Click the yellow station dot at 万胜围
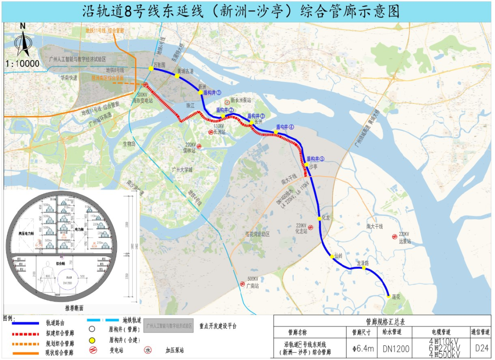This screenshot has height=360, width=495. pyautogui.click(x=151, y=69)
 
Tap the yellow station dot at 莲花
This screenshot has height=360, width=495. pyautogui.click(x=389, y=296)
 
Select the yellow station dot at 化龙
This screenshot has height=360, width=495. pyautogui.click(x=319, y=218)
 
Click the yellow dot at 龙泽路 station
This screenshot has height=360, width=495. pyautogui.click(x=364, y=268)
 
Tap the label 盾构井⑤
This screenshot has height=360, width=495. pyautogui.click(x=315, y=159)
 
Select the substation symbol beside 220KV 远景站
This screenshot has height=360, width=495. pyautogui.click(x=394, y=237)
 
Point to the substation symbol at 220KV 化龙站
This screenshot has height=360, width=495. pyautogui.click(x=311, y=227)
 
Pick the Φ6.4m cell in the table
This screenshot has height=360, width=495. pyautogui.click(x=363, y=349)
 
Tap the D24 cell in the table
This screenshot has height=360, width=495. pyautogui.click(x=482, y=348)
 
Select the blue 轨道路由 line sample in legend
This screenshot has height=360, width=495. pyautogui.click(x=22, y=323)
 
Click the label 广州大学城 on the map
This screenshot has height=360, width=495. pyautogui.click(x=182, y=170)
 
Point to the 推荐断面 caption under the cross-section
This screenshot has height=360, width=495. pyautogui.click(x=71, y=308)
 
